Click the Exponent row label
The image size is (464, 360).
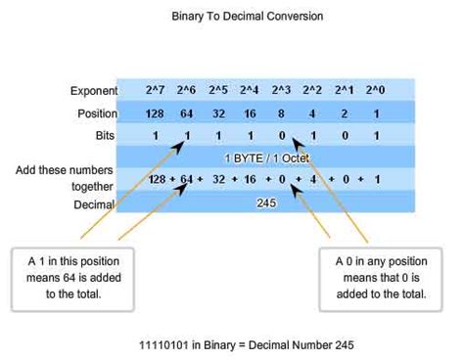pyautogui.click(x=94, y=91)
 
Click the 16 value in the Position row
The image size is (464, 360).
pyautogui.click(x=250, y=112)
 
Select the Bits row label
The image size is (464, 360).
pyautogui.click(x=107, y=134)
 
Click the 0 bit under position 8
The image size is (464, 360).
pyautogui.click(x=282, y=134)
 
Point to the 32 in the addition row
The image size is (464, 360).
pyautogui.click(x=218, y=180)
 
